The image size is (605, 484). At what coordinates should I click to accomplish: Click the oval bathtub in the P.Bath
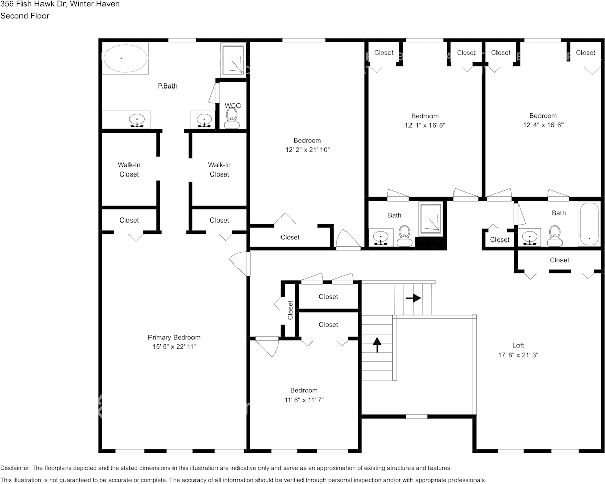[125, 58]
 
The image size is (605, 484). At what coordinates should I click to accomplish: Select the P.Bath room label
[167, 86]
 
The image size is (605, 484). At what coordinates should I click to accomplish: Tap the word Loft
[518, 345]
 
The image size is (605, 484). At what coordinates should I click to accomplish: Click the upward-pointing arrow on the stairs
[377, 344]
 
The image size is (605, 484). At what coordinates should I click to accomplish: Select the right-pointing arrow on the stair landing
[413, 298]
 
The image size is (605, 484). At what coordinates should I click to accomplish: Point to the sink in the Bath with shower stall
[381, 237]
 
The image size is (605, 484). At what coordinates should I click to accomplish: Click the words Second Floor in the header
[25, 16]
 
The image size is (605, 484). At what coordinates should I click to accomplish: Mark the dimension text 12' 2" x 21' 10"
[307, 150]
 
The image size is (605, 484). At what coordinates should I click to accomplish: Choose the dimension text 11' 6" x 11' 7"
[304, 400]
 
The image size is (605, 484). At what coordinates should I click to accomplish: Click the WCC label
[233, 106]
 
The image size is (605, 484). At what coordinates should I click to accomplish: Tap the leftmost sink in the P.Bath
[137, 121]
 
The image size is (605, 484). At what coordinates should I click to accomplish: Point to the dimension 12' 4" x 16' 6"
[543, 125]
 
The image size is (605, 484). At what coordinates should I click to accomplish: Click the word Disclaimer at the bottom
[15, 468]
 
